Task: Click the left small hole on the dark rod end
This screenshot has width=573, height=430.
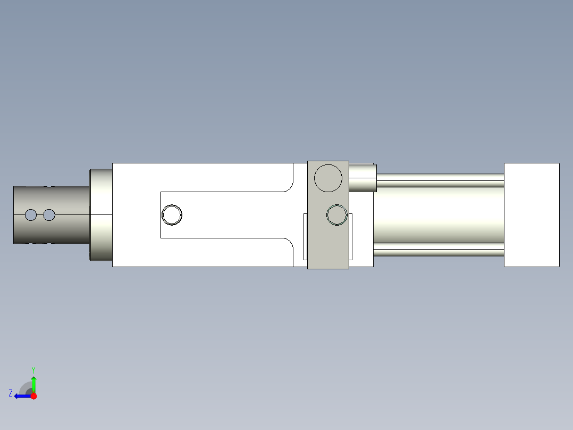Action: (31, 215)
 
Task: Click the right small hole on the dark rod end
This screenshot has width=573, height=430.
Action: (49, 215)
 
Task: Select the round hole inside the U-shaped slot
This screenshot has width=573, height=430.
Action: (172, 215)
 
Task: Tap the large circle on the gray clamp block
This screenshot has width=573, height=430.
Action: (328, 178)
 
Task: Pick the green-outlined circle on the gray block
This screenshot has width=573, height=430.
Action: (337, 215)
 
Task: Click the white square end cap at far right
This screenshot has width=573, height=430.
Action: (532, 215)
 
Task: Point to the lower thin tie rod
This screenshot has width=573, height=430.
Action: (439, 252)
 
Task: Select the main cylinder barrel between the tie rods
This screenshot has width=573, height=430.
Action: (439, 215)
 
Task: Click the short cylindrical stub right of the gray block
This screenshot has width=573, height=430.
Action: (363, 178)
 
